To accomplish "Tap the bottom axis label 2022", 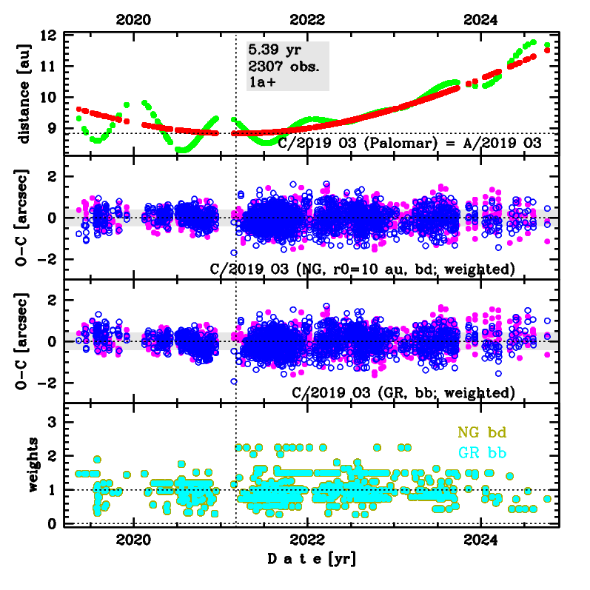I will click(309, 540).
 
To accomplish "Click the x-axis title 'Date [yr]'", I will click(311, 560).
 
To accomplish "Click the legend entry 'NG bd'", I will click(482, 431).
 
